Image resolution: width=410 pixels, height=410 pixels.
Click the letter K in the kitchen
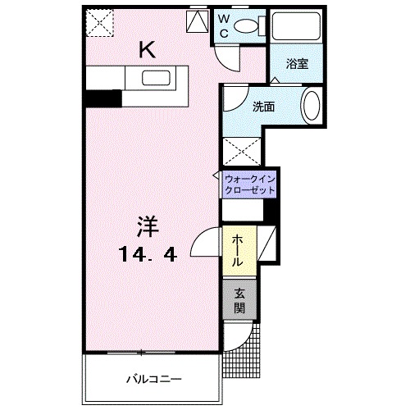pyautogui.click(x=146, y=50)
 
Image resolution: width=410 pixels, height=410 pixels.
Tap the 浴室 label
pyautogui.click(x=297, y=64)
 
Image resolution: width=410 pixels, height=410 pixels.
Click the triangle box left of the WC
pyautogui.click(x=197, y=22)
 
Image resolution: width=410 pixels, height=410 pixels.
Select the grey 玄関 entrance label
pyautogui.click(x=239, y=300)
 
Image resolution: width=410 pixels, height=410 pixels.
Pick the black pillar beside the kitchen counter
pyautogui.click(x=103, y=98)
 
